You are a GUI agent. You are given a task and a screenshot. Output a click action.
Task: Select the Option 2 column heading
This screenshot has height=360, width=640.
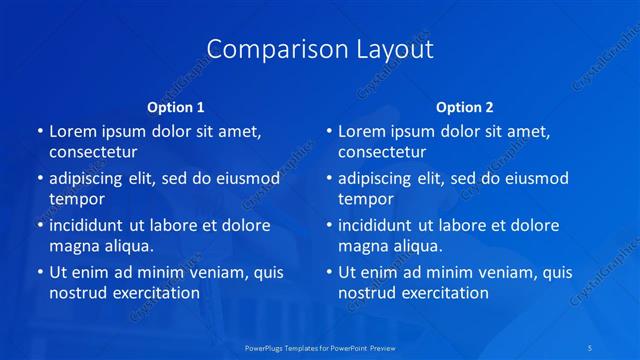click(465, 107)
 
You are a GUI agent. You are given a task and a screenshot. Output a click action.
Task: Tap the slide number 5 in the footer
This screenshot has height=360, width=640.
click(592, 347)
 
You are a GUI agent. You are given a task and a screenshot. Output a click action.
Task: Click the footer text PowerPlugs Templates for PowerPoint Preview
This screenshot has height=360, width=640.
click(319, 347)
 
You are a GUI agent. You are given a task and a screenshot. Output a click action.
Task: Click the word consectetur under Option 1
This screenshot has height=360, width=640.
click(92, 152)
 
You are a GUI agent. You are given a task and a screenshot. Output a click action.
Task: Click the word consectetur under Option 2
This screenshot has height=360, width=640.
click(381, 152)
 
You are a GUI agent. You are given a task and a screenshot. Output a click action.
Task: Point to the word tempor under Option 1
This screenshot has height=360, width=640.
click(76, 199)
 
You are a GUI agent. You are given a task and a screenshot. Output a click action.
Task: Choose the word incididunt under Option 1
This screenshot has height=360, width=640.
click(91, 225)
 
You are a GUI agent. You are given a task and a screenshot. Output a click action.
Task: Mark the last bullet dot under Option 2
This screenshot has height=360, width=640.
click(329, 272)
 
